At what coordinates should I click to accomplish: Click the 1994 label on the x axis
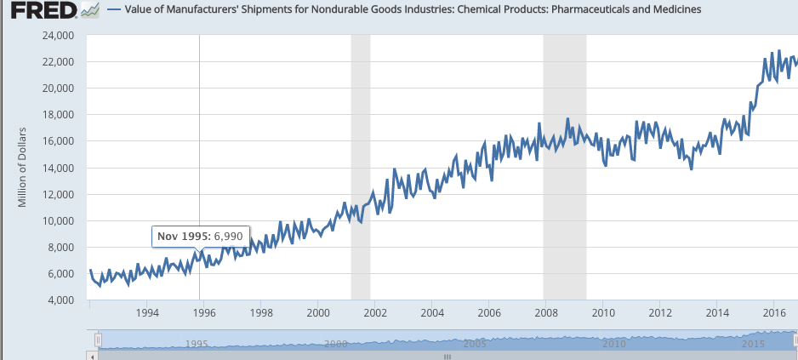[146, 312]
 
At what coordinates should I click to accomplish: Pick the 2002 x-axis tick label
[375, 312]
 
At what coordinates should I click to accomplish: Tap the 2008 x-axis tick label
[546, 312]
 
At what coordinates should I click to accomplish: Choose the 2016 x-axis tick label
[773, 312]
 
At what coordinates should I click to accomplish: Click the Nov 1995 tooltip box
[200, 236]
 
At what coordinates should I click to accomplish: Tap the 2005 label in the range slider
[474, 344]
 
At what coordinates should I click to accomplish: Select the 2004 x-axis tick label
[432, 312]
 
